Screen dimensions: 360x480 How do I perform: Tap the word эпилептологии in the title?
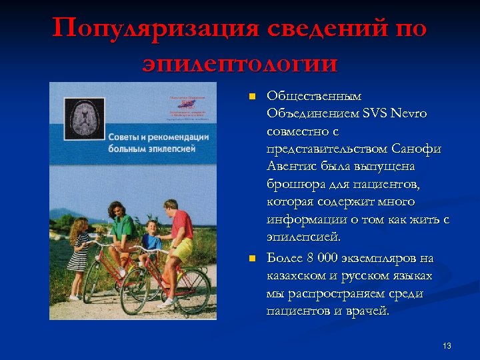[240, 64]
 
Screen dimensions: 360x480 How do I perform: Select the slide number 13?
[447, 345]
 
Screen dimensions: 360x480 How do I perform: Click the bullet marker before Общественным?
[251, 97]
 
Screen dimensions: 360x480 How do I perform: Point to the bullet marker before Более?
[251, 258]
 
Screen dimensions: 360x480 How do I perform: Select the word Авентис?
[290, 166]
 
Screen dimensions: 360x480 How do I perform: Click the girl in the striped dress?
[79, 257]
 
